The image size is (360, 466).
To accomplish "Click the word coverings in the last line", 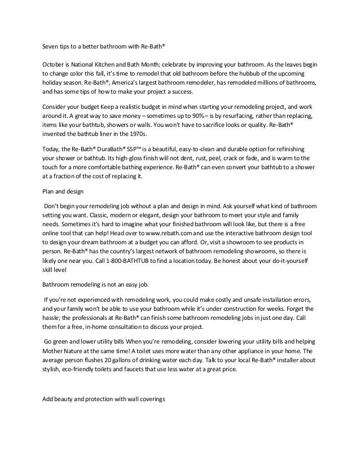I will tap(150, 399).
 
